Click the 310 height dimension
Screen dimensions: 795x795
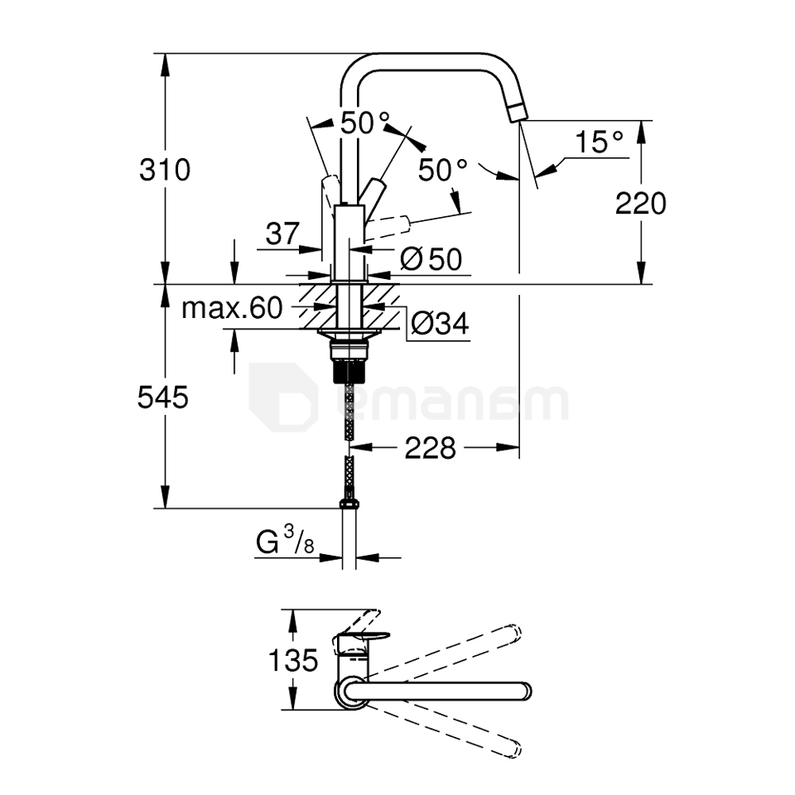[165, 170]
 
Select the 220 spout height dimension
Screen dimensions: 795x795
[640, 202]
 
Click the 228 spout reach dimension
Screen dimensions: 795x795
[430, 448]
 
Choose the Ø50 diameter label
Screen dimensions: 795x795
[430, 259]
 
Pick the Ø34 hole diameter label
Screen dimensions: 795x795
[438, 323]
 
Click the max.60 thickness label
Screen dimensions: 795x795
[232, 309]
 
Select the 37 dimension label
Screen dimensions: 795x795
[282, 234]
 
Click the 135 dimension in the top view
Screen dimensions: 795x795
[293, 660]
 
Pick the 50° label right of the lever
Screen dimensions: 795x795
[442, 170]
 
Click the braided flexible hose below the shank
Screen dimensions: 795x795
[349, 414]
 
